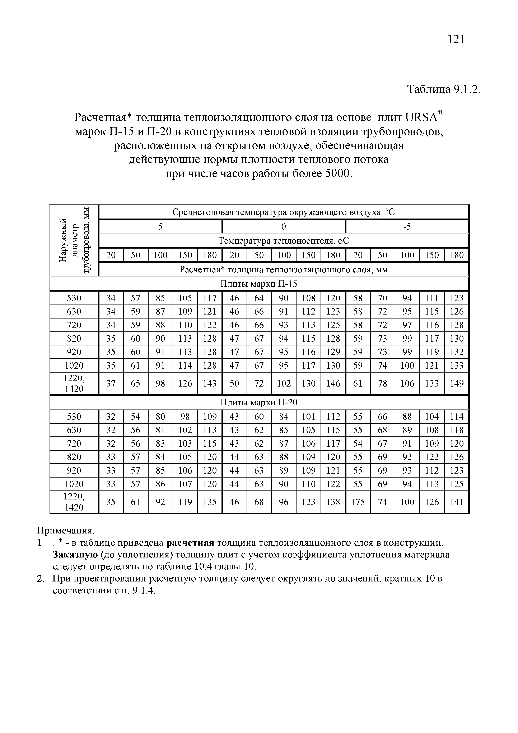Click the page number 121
pyautogui.click(x=456, y=39)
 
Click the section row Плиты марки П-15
pyautogui.click(x=259, y=284)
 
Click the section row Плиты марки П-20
pyautogui.click(x=259, y=403)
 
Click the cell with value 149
pyautogui.click(x=456, y=383)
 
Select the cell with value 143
pyautogui.click(x=210, y=383)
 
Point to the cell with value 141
pyautogui.click(x=456, y=502)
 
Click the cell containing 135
pyautogui.click(x=210, y=502)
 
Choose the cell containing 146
pyautogui.click(x=333, y=383)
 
